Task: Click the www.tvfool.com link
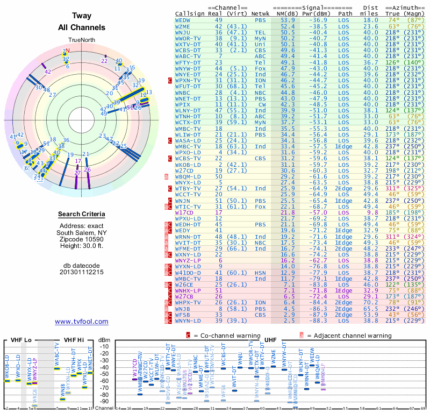(x=82, y=322)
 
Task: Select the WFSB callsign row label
(x=182, y=315)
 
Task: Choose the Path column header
(x=346, y=13)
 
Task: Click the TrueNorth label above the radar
(x=82, y=41)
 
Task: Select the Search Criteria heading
(x=82, y=215)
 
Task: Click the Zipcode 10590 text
(x=82, y=238)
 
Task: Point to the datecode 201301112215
(x=82, y=272)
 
